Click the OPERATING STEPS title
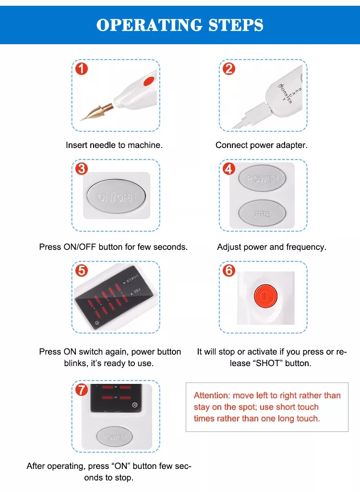(x=180, y=25)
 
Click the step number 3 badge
(x=82, y=169)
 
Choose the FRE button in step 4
(x=262, y=213)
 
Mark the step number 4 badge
(x=229, y=169)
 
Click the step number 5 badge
(x=82, y=271)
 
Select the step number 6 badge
(x=229, y=271)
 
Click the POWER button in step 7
(x=115, y=437)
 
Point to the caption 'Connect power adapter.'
(x=262, y=145)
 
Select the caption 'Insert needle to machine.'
(x=114, y=145)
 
